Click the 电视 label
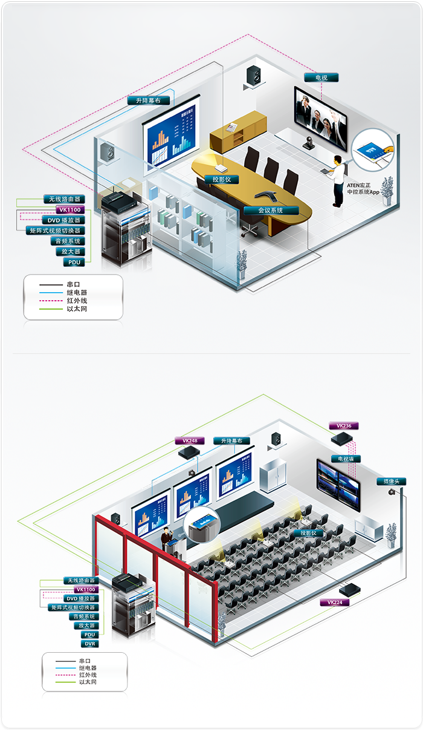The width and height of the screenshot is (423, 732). [x=321, y=77]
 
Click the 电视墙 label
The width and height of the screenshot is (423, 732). [x=346, y=459]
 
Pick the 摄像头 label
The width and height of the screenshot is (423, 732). [x=392, y=482]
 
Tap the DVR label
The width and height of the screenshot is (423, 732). [x=89, y=644]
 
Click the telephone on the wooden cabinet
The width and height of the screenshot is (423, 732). [x=232, y=128]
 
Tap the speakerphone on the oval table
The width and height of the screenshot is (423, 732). [x=264, y=196]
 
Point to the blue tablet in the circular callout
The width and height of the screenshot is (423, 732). [x=371, y=151]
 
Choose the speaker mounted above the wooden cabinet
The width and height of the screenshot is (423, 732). [x=253, y=76]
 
